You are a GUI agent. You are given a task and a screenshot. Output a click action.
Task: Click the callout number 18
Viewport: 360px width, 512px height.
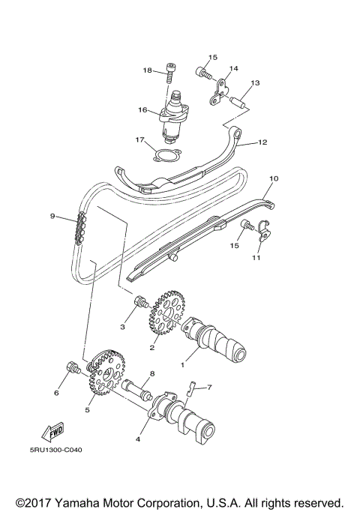click(x=148, y=70)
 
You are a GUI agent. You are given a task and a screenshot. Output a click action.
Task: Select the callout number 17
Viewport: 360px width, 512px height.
click(x=139, y=139)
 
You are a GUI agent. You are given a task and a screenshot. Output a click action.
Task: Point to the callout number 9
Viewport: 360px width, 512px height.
click(x=53, y=216)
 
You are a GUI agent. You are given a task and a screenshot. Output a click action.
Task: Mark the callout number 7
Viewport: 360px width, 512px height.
click(x=209, y=388)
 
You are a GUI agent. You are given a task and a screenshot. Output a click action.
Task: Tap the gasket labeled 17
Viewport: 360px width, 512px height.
click(x=165, y=155)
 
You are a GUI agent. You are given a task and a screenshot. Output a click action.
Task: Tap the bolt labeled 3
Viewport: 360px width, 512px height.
click(x=139, y=303)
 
